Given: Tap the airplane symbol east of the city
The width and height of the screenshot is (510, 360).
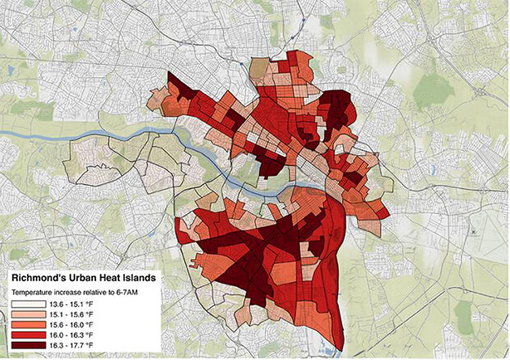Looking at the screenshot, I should (x=475, y=233).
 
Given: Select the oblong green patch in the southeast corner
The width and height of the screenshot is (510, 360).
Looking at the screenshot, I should (x=465, y=316).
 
